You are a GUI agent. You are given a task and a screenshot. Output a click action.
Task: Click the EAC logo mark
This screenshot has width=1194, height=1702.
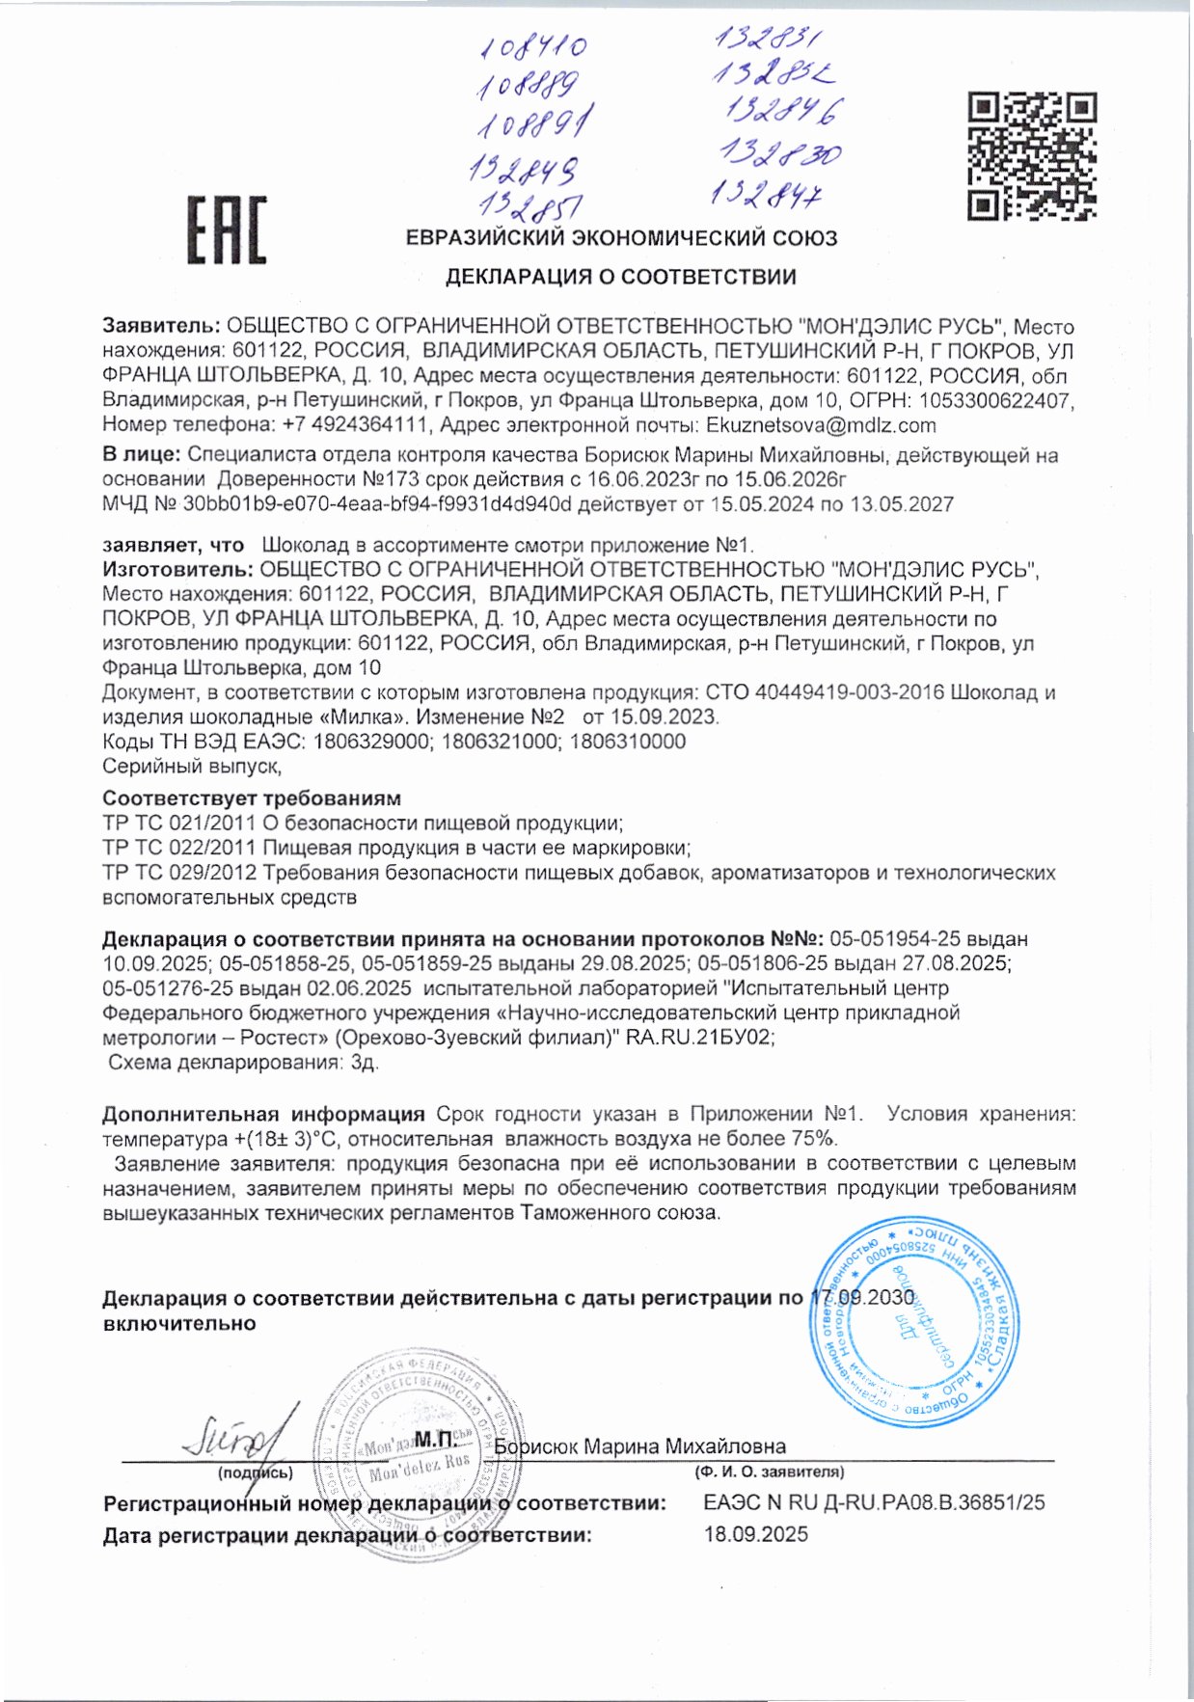coord(227,230)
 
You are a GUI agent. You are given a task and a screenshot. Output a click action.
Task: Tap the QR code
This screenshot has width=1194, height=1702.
coord(1032,155)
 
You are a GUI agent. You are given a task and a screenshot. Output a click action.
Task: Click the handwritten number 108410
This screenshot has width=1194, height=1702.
coord(533,47)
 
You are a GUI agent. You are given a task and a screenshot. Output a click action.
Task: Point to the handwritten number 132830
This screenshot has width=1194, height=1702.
coord(781,153)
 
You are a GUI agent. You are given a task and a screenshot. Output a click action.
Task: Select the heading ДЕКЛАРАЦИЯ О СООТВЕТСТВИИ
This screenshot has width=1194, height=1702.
coord(620,278)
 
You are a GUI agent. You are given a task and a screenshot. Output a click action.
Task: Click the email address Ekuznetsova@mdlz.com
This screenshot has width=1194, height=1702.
coord(821,425)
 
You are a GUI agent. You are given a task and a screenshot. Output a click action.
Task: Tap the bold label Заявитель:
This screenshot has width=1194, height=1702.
coord(161,327)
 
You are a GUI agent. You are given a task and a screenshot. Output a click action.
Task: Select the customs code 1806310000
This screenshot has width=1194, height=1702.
coord(628,742)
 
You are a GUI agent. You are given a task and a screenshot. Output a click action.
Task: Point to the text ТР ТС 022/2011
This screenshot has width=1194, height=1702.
coord(178,848)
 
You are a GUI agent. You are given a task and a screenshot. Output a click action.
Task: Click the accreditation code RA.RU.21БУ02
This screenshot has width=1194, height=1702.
coord(700,1038)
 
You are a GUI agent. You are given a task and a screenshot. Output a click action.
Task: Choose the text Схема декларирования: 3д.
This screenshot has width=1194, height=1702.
coord(243,1063)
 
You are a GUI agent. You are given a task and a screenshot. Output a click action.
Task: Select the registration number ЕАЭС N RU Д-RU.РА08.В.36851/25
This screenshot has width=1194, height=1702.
coord(874,1502)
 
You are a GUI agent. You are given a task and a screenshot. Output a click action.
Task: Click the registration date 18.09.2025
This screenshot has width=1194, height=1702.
coord(756,1534)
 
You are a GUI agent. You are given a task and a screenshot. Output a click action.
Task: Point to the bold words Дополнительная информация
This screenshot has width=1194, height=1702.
coord(263,1114)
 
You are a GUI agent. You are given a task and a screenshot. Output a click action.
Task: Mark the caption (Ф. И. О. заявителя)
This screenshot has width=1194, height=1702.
coord(769,1472)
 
